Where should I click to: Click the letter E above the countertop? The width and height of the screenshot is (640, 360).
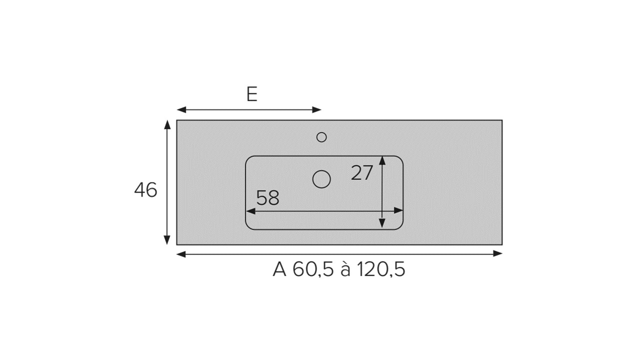[251, 94]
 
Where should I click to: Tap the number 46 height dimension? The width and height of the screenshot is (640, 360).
[145, 189]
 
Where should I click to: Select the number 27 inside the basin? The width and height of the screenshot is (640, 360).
[361, 172]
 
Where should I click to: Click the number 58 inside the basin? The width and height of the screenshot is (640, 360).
[267, 197]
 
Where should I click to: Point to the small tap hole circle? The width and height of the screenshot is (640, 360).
[321, 137]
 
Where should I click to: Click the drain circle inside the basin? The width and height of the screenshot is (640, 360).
[321, 179]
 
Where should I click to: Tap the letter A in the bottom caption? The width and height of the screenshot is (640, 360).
[279, 269]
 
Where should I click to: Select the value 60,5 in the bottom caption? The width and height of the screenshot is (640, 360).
[313, 269]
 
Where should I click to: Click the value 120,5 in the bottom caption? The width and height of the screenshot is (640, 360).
[381, 269]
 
